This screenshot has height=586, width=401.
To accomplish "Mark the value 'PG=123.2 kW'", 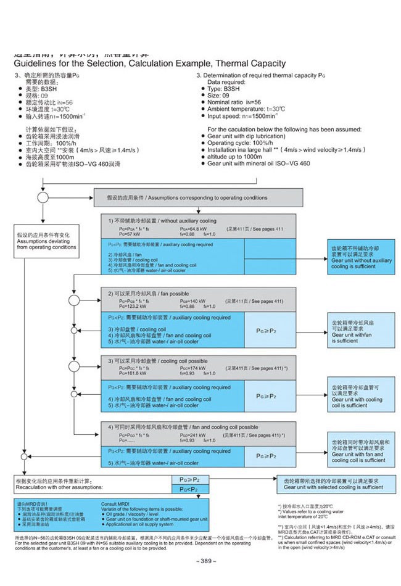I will point(122,307).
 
